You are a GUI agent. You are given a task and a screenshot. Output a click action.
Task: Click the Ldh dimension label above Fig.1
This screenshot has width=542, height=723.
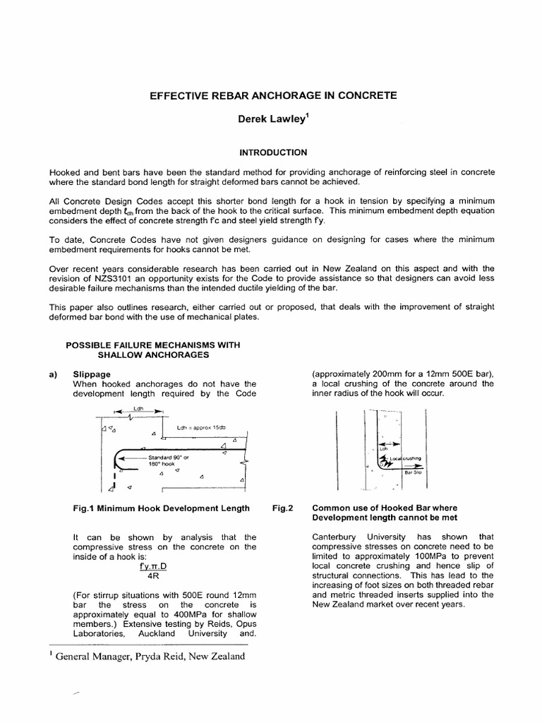tap(137, 408)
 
